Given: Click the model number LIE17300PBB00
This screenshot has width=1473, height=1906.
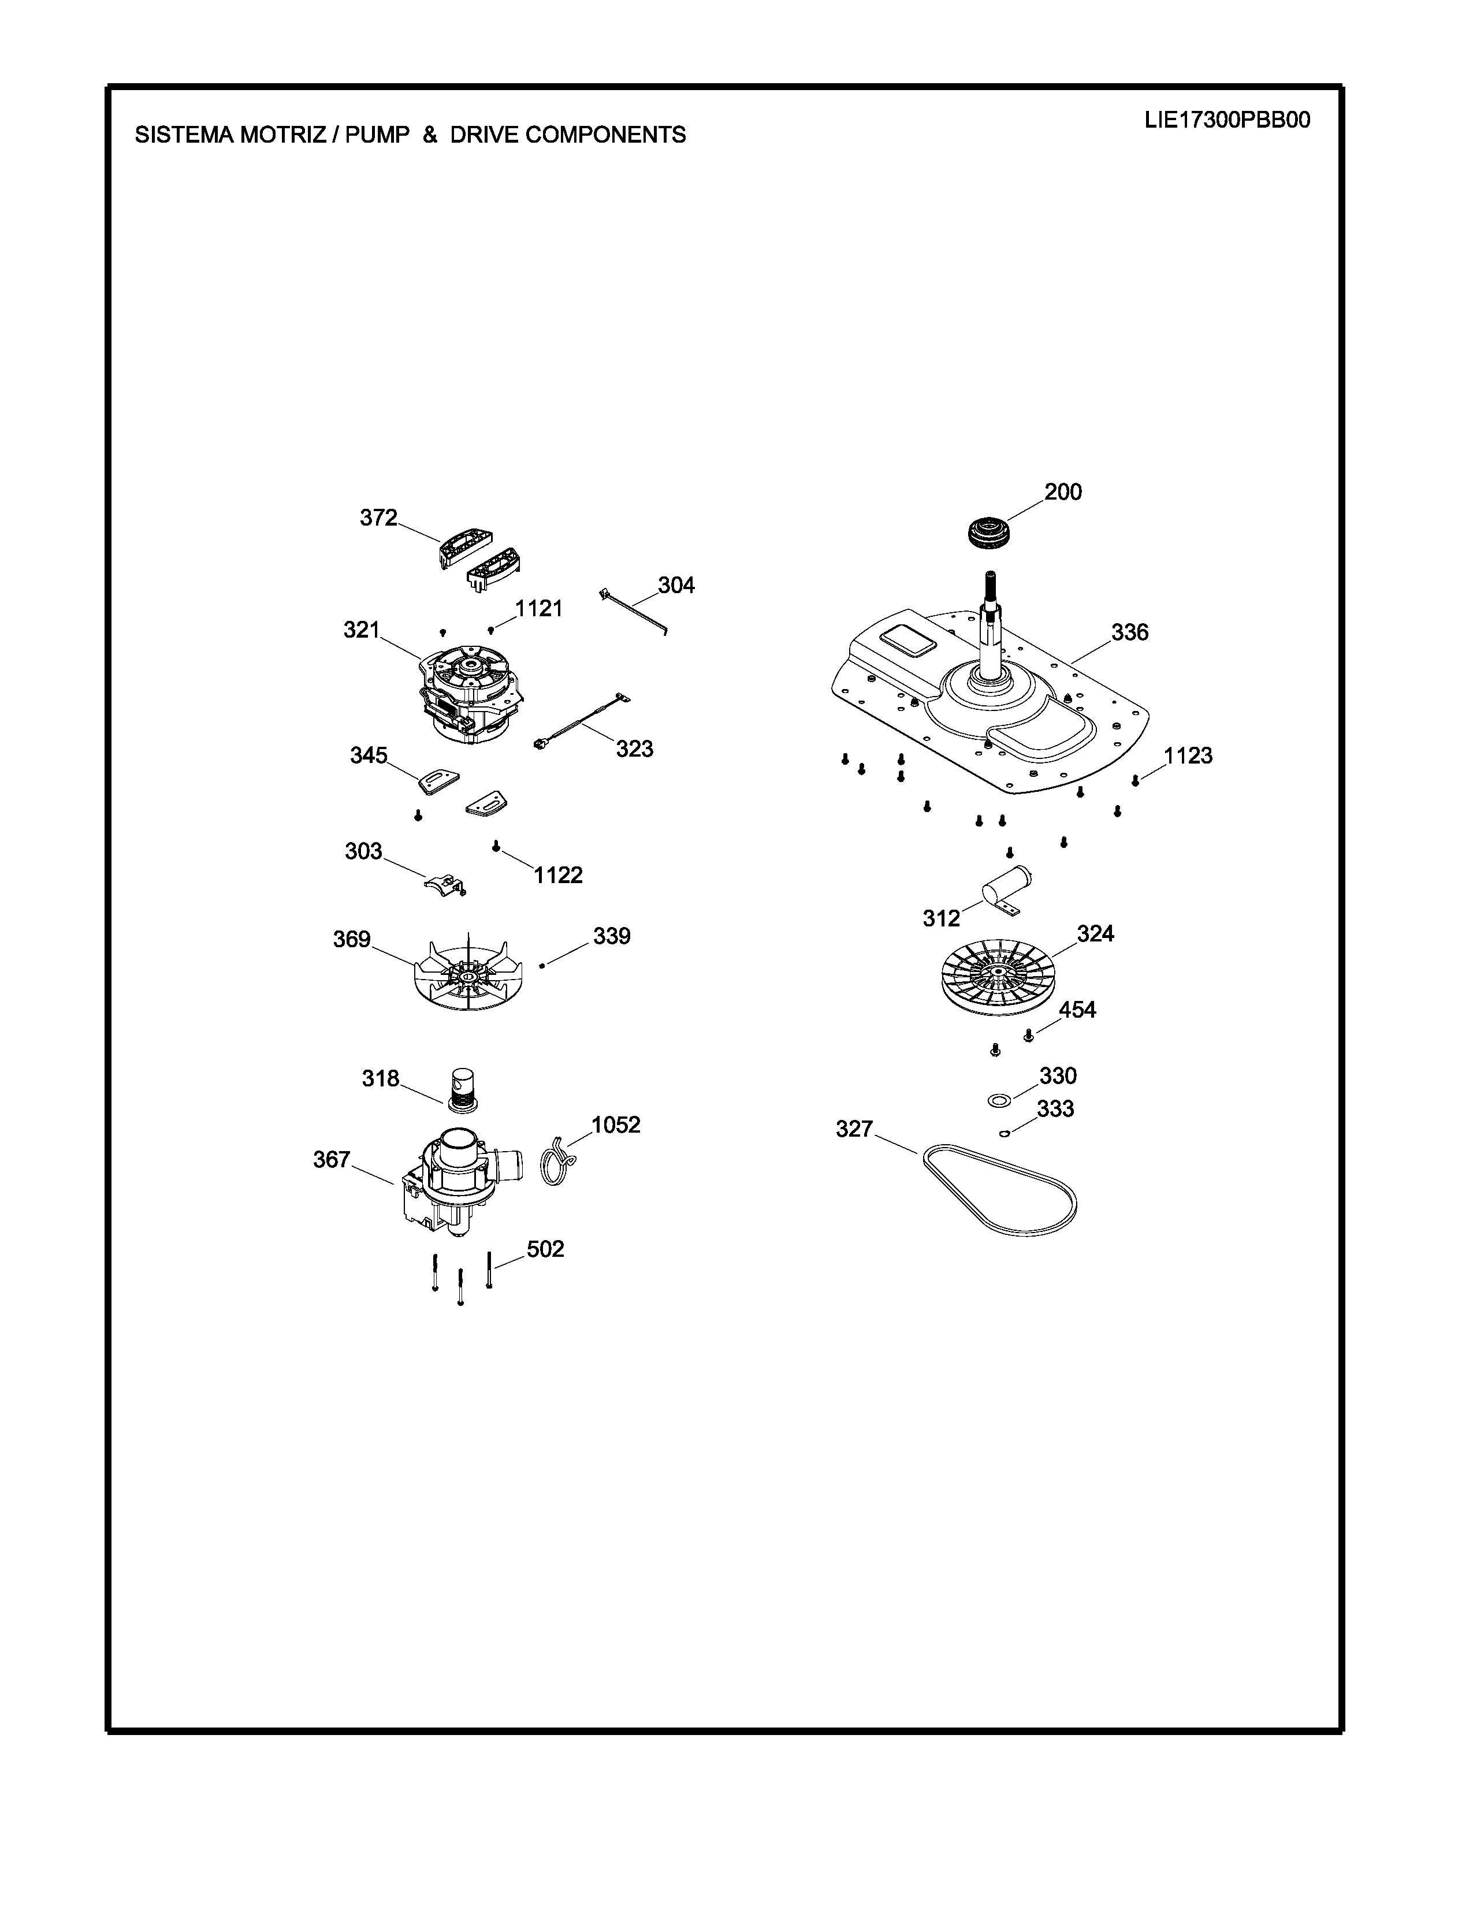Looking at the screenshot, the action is click(1227, 121).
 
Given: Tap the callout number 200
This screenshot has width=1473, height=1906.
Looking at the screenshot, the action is click(1063, 492).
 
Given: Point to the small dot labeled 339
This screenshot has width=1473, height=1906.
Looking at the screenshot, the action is click(543, 965).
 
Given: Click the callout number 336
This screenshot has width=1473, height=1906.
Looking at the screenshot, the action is click(1129, 632).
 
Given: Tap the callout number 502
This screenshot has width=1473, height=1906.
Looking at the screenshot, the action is click(545, 1249).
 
